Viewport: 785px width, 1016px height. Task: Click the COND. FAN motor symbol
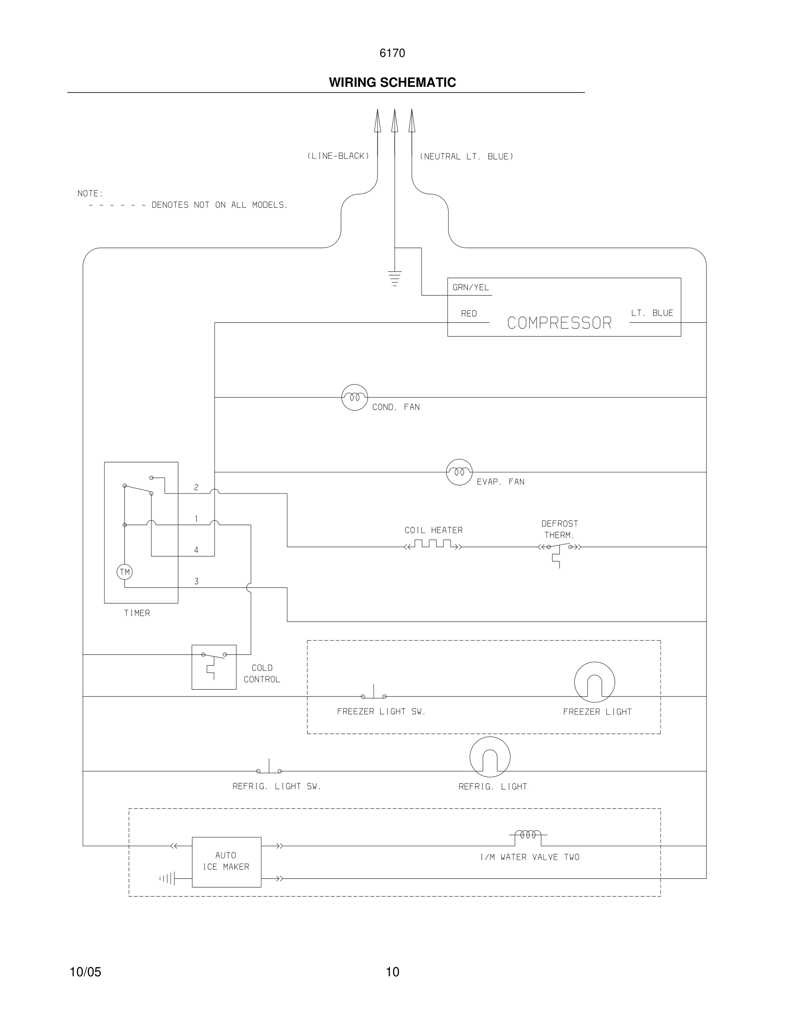pyautogui.click(x=354, y=397)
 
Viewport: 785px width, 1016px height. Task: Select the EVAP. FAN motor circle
pyautogui.click(x=459, y=472)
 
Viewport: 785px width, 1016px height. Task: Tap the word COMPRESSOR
pyautogui.click(x=559, y=323)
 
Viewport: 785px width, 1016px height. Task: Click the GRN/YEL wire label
pyautogui.click(x=471, y=287)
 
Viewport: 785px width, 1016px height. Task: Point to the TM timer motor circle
pyautogui.click(x=124, y=572)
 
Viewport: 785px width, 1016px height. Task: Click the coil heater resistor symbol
pyautogui.click(x=433, y=545)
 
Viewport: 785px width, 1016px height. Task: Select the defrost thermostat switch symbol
pyautogui.click(x=559, y=551)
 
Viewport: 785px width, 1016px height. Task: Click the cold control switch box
pyautogui.click(x=214, y=667)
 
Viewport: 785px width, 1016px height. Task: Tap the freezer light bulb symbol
pyautogui.click(x=594, y=682)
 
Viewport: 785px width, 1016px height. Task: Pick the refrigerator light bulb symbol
pyautogui.click(x=490, y=757)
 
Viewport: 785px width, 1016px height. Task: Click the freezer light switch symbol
pyautogui.click(x=373, y=694)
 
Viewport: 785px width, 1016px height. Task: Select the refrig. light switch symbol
pyautogui.click(x=269, y=768)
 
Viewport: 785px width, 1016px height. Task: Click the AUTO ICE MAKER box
pyautogui.click(x=227, y=862)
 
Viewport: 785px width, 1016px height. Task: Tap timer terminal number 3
pyautogui.click(x=196, y=582)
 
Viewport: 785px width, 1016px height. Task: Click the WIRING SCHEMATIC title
pyautogui.click(x=392, y=83)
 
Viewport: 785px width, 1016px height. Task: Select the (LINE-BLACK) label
pyautogui.click(x=338, y=156)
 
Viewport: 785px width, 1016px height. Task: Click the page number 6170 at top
pyautogui.click(x=392, y=53)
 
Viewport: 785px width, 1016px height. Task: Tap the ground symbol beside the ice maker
pyautogui.click(x=168, y=878)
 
